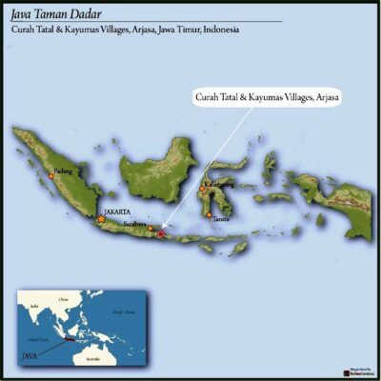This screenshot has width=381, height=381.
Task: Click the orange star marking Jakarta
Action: tap(102, 219)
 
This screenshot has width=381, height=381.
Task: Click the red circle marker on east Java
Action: tap(161, 233)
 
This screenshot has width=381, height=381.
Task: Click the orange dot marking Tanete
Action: tap(210, 214)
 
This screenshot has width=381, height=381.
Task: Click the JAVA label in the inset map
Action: tap(30, 353)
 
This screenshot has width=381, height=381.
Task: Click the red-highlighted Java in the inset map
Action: tap(69, 338)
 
